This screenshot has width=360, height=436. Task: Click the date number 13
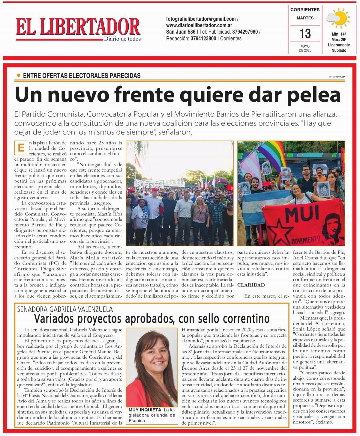[x=305, y=34]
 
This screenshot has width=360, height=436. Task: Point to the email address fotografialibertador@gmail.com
[x=201, y=19]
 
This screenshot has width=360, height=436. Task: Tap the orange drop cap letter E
[x=21, y=148]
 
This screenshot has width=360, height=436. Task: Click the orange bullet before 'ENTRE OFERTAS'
[x=19, y=76]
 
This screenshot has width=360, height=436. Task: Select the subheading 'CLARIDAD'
[x=251, y=285]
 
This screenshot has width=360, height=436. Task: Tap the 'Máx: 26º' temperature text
[x=339, y=39]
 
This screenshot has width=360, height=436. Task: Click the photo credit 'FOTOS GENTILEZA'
[x=337, y=77]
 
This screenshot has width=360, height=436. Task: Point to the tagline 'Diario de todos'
[x=122, y=39]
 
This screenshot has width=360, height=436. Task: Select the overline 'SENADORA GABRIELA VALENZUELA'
[x=65, y=309]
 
